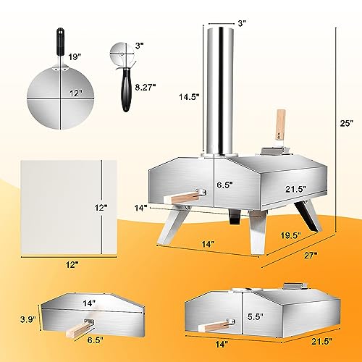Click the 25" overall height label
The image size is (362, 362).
click(x=347, y=123)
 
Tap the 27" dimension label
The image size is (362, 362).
click(x=311, y=256)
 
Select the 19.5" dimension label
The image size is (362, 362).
click(x=291, y=235)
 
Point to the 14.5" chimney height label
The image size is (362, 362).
click(x=189, y=97)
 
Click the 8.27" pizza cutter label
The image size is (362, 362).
click(x=146, y=88)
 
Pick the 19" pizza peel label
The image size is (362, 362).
click(x=75, y=57)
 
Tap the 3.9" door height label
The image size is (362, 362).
click(x=28, y=319)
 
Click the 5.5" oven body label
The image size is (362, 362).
click(x=256, y=316)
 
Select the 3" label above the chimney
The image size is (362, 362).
click(x=242, y=23)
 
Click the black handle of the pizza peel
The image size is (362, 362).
click(x=61, y=42)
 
